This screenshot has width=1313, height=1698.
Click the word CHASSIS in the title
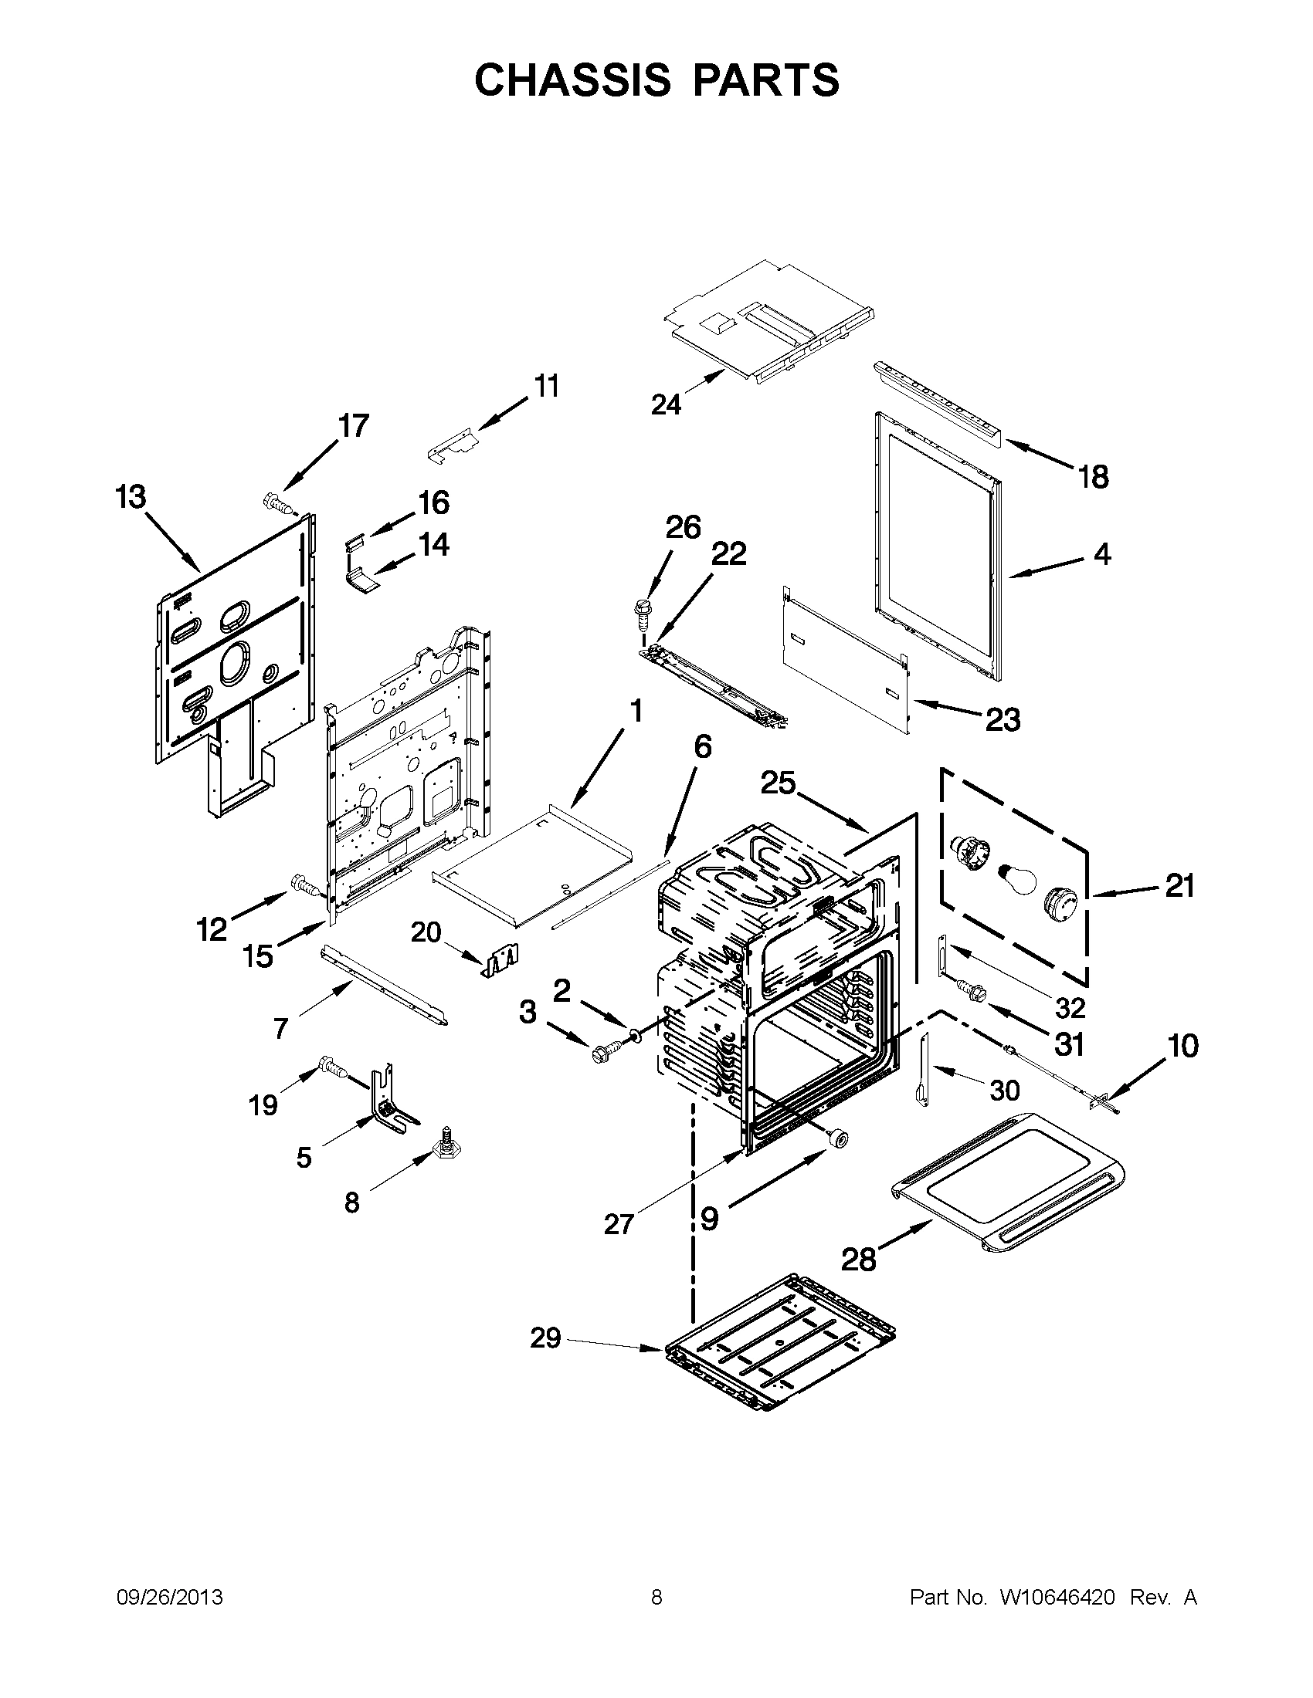point(572,80)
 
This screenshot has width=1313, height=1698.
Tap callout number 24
point(666,405)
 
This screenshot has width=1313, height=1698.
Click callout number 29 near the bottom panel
point(545,1338)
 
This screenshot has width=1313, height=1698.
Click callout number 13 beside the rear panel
point(131,497)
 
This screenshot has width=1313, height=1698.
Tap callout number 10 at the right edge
point(1182,1047)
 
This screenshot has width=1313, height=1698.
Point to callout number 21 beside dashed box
point(1179,885)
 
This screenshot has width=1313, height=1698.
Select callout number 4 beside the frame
point(1102,554)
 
